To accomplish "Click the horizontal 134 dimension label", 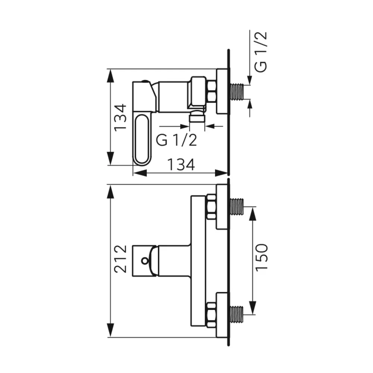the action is (181, 164).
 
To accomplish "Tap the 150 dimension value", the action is (261, 257).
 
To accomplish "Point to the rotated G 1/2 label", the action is (261, 51).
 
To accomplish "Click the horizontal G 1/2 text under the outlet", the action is (176, 140).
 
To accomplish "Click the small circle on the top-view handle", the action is (145, 261).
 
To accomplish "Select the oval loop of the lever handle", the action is (142, 140).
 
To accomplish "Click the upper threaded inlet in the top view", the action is (237, 207).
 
